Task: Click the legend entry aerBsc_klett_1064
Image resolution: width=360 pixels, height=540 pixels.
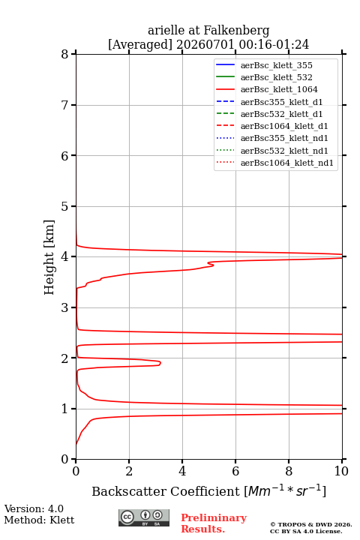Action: tap(267, 89)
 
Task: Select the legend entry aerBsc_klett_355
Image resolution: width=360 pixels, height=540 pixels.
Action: tap(264, 65)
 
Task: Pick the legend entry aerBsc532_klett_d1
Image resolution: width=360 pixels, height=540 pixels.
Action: tap(269, 114)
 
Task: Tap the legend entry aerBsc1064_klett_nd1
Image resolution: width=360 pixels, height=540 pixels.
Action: tap(274, 163)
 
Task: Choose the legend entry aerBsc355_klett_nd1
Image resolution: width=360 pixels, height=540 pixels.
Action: tap(271, 138)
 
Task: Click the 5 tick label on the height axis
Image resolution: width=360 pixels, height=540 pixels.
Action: tap(65, 206)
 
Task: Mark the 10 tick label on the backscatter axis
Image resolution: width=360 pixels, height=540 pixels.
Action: tap(341, 471)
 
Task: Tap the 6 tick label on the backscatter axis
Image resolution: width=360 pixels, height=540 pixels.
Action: tap(235, 471)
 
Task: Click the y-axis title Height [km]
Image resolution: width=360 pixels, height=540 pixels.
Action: tap(49, 257)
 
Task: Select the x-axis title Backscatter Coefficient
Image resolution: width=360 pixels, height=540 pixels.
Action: tap(165, 491)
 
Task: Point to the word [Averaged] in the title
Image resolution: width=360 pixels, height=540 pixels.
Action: tap(140, 44)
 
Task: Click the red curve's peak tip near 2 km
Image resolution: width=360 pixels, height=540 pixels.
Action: tap(160, 363)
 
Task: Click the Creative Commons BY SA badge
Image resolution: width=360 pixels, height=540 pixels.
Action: tap(144, 518)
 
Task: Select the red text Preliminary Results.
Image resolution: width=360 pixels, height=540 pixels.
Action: tap(214, 523)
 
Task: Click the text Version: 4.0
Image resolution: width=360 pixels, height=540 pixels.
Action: tap(34, 509)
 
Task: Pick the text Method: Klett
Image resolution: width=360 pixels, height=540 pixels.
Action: tap(39, 520)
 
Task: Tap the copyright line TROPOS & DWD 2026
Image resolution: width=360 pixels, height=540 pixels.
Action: tap(311, 525)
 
